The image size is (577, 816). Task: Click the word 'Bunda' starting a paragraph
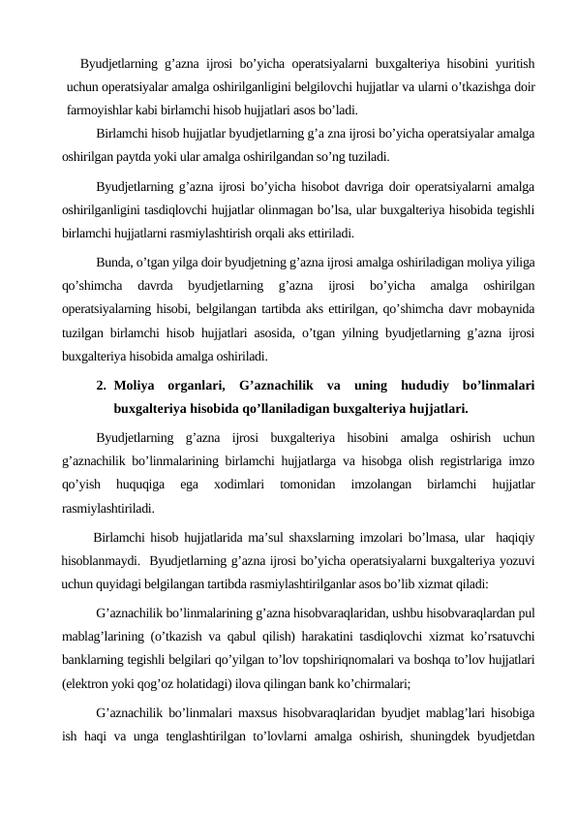[x=114, y=262]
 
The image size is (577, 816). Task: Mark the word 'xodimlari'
[x=242, y=483]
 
